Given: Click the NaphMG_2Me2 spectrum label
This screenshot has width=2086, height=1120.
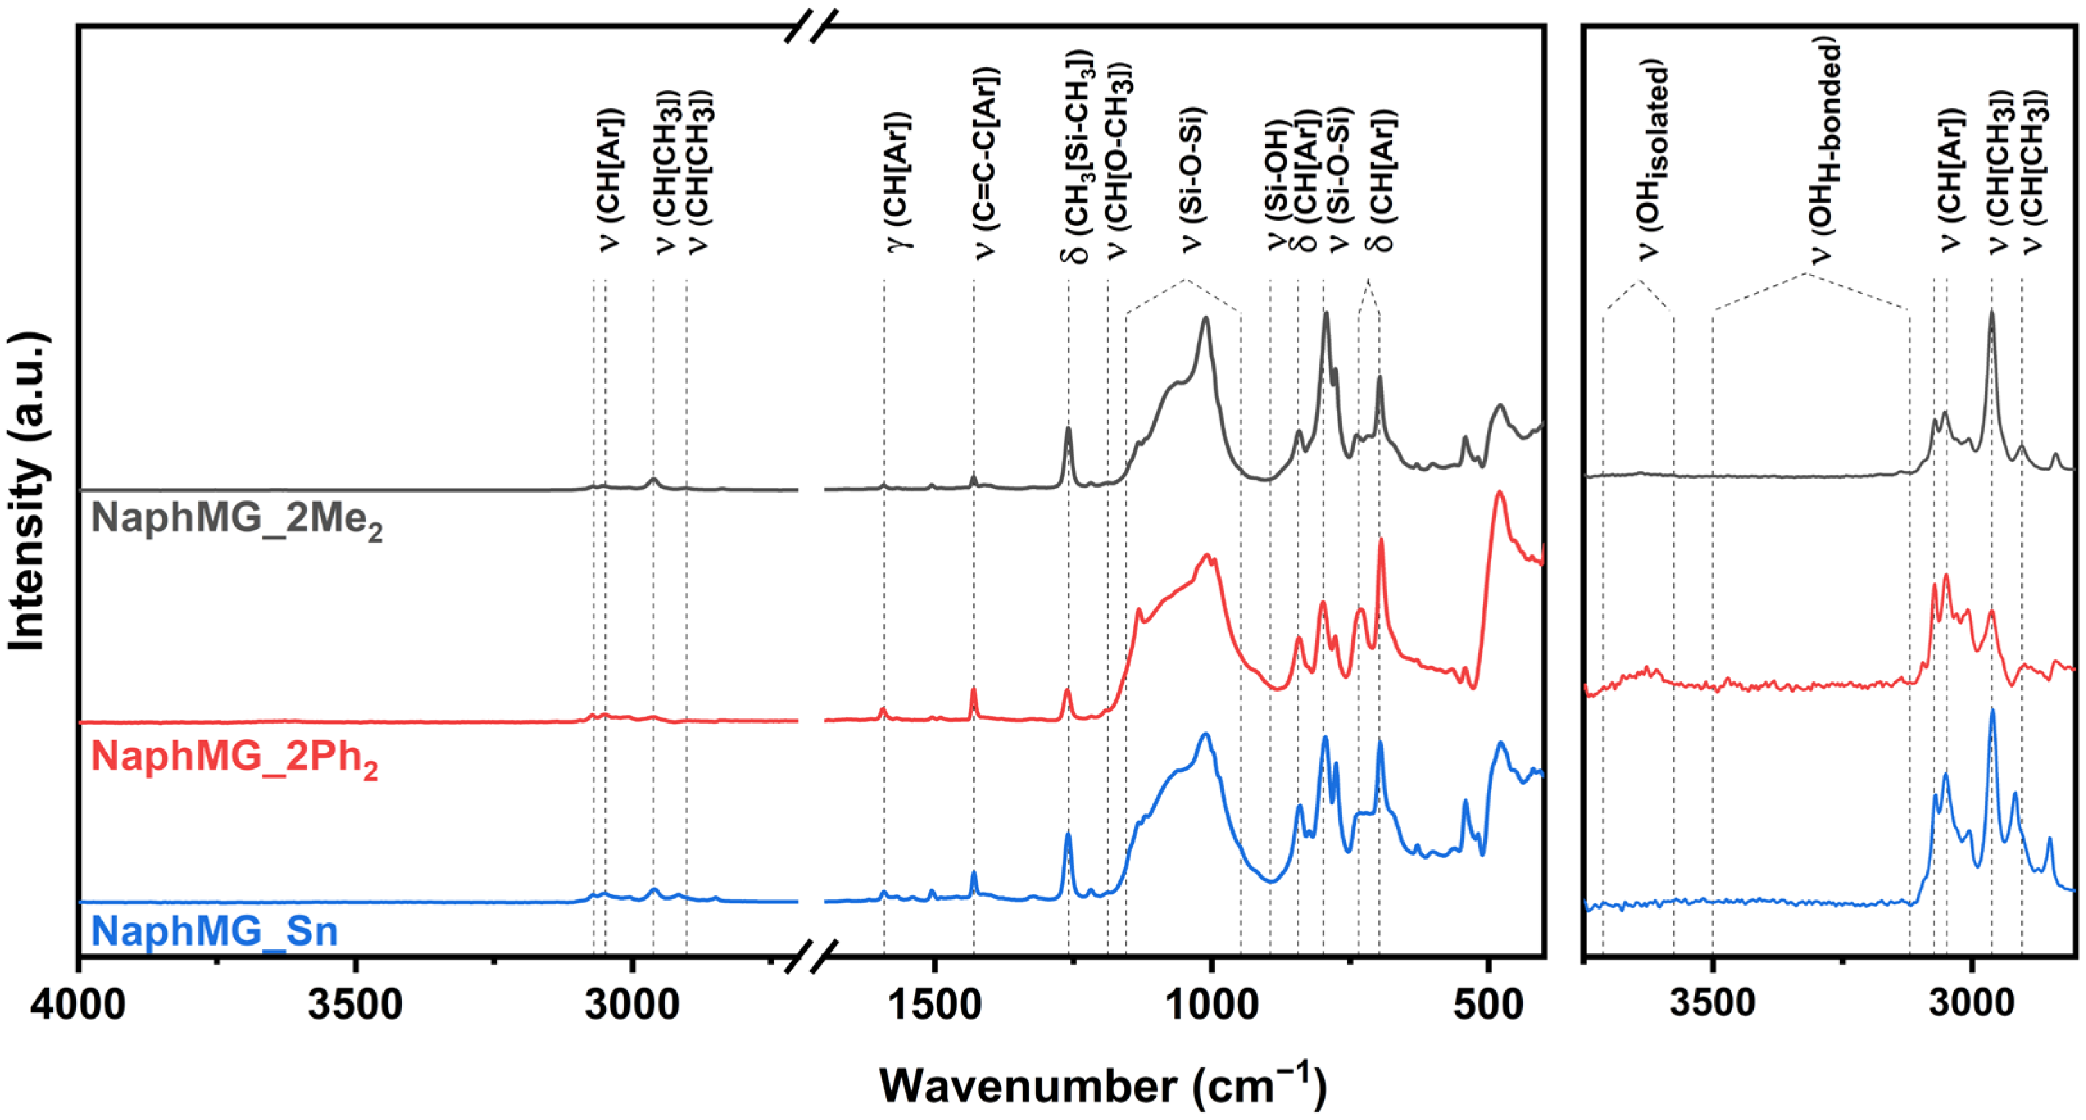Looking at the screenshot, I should coord(237,519).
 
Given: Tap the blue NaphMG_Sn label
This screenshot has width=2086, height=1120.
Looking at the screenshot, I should coord(214,931).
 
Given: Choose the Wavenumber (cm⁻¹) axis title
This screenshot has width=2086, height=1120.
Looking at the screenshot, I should coord(1103,1086).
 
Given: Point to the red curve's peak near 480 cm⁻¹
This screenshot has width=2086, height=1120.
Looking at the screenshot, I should coord(1499,494).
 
